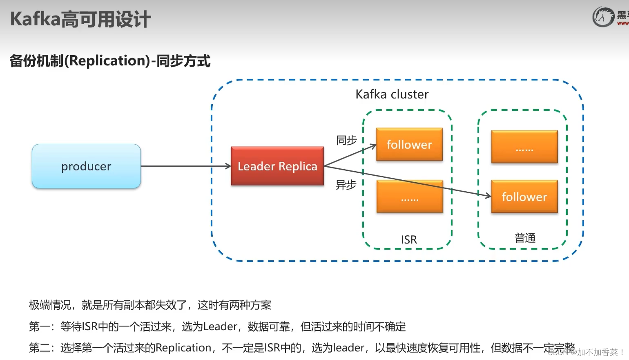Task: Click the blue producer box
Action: click(86, 166)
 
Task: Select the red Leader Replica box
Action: click(277, 166)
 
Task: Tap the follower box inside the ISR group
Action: click(409, 144)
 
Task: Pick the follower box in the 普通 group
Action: click(524, 197)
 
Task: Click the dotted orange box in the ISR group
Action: click(410, 197)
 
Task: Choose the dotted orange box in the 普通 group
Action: click(524, 147)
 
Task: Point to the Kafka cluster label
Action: click(392, 94)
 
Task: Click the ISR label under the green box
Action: click(409, 239)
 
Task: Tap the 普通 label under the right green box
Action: click(525, 238)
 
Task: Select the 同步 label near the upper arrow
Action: click(346, 140)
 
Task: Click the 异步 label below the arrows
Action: click(346, 185)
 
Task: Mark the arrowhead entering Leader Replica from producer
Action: click(229, 166)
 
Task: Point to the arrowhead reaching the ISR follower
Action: click(373, 145)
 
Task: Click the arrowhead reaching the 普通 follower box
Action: click(488, 196)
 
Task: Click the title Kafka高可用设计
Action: click(80, 19)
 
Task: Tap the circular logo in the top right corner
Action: click(603, 17)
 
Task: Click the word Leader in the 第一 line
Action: click(220, 326)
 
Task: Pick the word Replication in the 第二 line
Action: click(183, 348)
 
